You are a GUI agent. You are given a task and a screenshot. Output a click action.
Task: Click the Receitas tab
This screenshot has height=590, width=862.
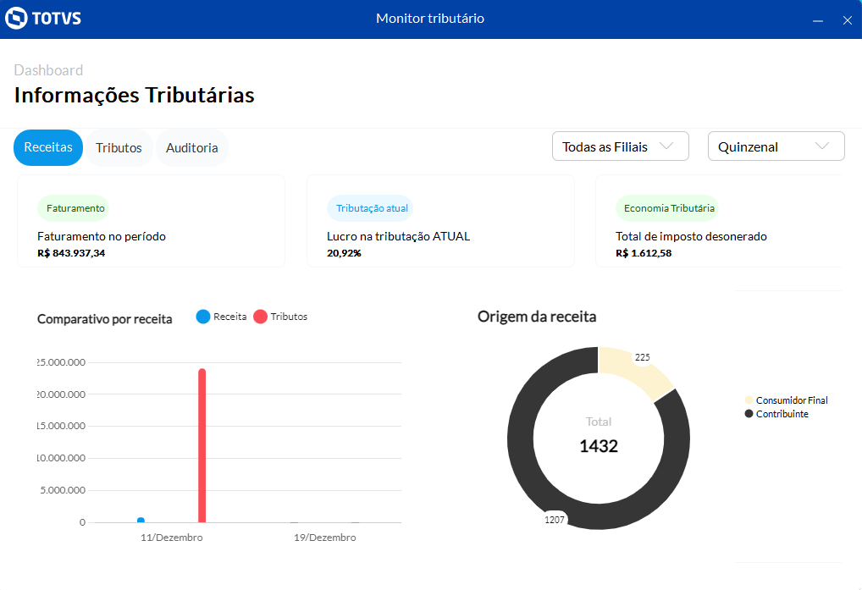tap(48, 147)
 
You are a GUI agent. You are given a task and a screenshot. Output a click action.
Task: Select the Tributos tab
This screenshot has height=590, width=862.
tap(119, 148)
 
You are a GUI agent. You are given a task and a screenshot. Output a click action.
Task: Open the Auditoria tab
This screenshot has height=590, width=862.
tap(191, 148)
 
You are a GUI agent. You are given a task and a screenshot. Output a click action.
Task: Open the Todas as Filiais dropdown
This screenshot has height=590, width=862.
tap(620, 146)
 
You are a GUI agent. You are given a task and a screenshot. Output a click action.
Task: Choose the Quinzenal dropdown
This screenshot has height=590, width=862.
tap(776, 146)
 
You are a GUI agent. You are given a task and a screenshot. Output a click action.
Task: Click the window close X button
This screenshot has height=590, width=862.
tap(847, 20)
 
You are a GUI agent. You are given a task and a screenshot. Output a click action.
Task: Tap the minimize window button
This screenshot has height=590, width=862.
tap(818, 20)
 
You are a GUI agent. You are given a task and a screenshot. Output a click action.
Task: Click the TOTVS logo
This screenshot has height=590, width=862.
tap(43, 19)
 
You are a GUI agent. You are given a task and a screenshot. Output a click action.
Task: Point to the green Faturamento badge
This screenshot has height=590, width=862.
tap(75, 207)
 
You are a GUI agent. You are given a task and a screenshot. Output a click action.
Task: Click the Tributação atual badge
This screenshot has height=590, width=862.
tap(371, 207)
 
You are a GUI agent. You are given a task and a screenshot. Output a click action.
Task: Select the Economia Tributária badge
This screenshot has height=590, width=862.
tap(668, 207)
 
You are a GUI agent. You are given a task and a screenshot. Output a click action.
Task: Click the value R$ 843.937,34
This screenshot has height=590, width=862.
tap(71, 252)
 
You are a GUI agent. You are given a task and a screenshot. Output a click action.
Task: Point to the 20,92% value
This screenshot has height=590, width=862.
tap(344, 252)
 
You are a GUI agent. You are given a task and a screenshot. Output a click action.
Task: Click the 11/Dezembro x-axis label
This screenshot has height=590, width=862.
tap(172, 538)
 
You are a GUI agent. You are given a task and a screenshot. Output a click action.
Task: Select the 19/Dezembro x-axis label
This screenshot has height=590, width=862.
tap(324, 538)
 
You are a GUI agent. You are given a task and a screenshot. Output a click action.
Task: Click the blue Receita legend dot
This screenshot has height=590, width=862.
tap(203, 317)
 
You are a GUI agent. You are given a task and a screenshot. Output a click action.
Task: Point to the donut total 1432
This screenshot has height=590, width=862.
tap(599, 446)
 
